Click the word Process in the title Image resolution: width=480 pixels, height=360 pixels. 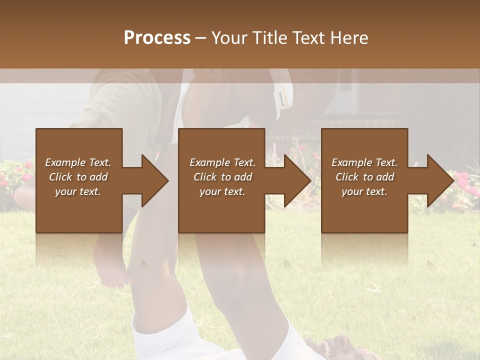tap(157, 38)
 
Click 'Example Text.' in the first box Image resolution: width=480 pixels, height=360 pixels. tap(78, 162)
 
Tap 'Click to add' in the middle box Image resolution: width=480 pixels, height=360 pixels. tap(222, 177)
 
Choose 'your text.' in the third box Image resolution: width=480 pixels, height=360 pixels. tap(364, 191)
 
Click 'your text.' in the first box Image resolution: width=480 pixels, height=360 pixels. tap(78, 191)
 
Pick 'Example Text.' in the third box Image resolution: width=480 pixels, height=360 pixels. tap(364, 162)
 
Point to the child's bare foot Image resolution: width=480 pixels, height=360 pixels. tap(111, 275)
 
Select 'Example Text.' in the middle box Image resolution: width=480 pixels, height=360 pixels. tap(222, 162)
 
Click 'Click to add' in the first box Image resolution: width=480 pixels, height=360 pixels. tap(78, 177)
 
